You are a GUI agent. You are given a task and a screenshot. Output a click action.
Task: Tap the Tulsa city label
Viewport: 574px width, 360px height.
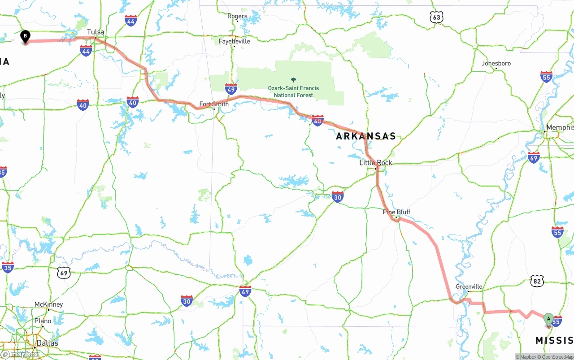tap(95, 32)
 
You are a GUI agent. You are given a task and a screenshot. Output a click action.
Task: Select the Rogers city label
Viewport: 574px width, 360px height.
tap(237, 16)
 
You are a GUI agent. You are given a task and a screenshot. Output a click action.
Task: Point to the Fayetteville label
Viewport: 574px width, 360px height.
tap(235, 41)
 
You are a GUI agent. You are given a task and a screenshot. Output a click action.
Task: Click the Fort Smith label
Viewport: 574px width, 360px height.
tap(214, 104)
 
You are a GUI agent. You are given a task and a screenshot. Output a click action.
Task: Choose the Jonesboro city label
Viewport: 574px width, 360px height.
tap(496, 63)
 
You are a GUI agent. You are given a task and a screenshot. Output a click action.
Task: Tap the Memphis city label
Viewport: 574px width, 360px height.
tap(560, 128)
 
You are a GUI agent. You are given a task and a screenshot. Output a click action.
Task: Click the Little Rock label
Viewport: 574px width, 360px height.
tap(375, 163)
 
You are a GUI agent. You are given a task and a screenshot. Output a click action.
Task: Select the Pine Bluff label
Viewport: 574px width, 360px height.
tap(396, 212)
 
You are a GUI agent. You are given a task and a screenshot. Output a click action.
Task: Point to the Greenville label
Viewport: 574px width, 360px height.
tap(469, 286)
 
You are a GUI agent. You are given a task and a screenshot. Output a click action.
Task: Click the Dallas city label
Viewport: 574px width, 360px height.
tap(48, 343)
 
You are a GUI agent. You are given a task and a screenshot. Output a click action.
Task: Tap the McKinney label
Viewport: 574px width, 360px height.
tap(48, 304)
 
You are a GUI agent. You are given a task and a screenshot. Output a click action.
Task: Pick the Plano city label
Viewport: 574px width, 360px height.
tap(43, 321)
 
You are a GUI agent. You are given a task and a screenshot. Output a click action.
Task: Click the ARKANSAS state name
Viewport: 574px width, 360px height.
tap(366, 136)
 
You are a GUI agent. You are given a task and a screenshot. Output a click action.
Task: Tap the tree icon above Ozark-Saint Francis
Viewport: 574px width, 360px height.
tap(293, 80)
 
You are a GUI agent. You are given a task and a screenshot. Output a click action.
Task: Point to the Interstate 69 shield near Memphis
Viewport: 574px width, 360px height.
tap(534, 157)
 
